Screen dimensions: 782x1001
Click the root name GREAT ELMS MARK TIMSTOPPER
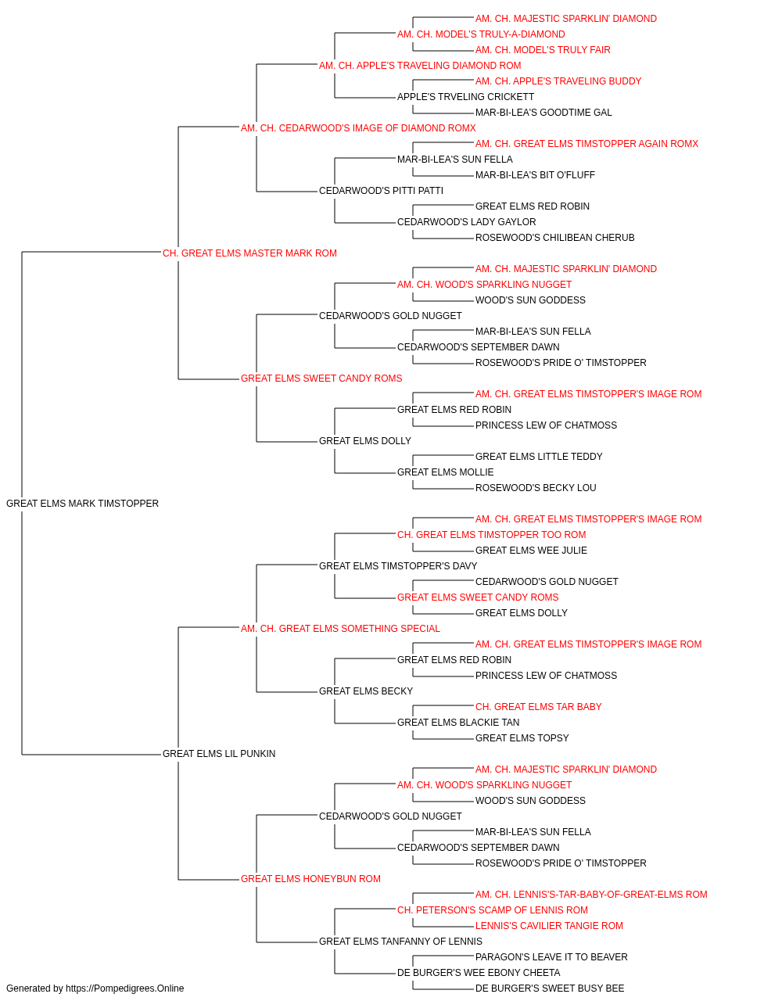click(82, 504)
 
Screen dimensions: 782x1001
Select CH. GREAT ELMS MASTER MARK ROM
click(249, 253)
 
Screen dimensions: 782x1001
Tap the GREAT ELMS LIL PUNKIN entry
click(219, 754)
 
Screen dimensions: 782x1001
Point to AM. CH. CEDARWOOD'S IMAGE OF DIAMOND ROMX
click(358, 128)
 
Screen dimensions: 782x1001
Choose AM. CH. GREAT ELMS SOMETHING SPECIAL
click(340, 628)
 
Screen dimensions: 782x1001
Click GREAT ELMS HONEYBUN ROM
click(311, 878)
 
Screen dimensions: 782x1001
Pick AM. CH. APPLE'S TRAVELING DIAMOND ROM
click(420, 66)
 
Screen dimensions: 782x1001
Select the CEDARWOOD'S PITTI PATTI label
click(382, 191)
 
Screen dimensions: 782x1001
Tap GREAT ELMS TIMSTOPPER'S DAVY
click(398, 565)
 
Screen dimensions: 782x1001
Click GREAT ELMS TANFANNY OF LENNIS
click(400, 941)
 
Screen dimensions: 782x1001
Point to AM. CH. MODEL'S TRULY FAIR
click(543, 50)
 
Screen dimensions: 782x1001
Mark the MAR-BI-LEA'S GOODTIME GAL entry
click(543, 113)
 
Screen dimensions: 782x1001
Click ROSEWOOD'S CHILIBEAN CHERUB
click(555, 238)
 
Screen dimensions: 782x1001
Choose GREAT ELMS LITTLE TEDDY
click(539, 457)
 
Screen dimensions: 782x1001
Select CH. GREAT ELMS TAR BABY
click(538, 707)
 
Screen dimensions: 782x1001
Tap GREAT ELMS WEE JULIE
click(531, 550)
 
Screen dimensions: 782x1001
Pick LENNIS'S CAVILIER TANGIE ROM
click(549, 925)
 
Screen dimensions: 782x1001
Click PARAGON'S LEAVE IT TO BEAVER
click(551, 956)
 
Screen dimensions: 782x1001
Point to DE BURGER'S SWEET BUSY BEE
click(550, 988)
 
